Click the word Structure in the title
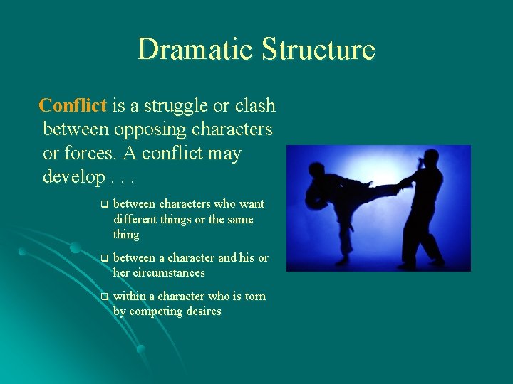point(318,50)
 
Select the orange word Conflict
point(73,106)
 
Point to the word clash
point(254,106)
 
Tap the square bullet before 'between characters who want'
point(103,204)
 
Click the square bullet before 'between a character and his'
point(103,258)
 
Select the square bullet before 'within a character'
point(103,297)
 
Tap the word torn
point(255,297)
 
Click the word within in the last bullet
point(129,297)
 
